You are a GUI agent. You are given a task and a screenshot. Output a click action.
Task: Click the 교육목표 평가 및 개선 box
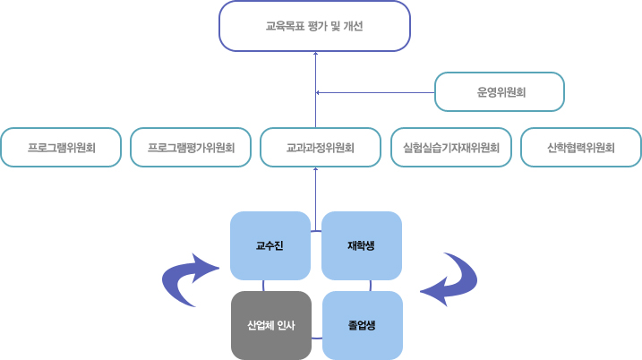[x=314, y=26]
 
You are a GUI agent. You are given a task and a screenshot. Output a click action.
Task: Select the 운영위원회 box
[x=500, y=91]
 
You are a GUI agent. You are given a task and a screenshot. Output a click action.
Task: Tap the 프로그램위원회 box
[x=61, y=148]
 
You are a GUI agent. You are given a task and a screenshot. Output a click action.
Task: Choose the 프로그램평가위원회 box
[x=191, y=148]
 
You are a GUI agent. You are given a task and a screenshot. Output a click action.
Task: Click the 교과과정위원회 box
[x=321, y=148]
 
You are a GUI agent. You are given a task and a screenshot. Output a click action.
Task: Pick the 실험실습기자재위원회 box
[x=450, y=148]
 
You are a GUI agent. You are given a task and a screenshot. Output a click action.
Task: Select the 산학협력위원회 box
[x=580, y=148]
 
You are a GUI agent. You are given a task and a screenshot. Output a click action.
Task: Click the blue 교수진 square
[x=270, y=245]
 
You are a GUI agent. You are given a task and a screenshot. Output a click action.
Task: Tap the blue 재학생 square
[x=361, y=245]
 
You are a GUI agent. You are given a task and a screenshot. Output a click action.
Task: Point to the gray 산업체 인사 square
[x=271, y=325]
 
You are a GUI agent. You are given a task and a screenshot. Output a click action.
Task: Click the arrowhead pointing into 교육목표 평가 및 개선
[x=316, y=55]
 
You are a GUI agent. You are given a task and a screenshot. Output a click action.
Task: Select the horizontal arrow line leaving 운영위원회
[x=376, y=92]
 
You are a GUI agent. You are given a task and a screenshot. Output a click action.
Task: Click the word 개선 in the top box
[x=353, y=26]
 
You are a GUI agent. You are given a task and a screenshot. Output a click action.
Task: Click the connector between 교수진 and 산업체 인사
[x=264, y=286]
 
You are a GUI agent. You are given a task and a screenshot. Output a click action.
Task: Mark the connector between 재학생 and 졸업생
[x=370, y=286]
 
